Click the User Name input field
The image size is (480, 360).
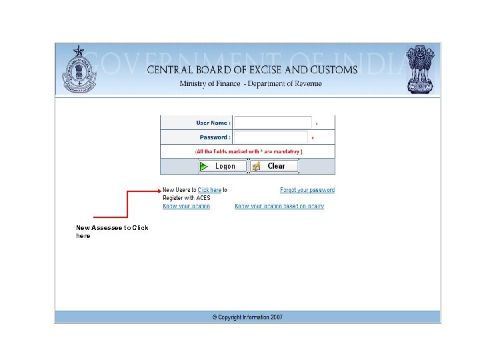pyautogui.click(x=273, y=123)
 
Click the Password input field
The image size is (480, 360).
pyautogui.click(x=271, y=137)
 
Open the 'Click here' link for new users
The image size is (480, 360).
pyautogui.click(x=209, y=190)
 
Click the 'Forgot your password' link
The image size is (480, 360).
pyautogui.click(x=307, y=190)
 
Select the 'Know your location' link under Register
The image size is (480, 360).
pyautogui.click(x=186, y=206)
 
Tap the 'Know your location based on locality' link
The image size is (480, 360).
pyautogui.click(x=279, y=206)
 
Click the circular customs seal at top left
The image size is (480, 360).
pyautogui.click(x=79, y=72)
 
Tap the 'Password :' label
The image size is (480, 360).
pyautogui.click(x=215, y=137)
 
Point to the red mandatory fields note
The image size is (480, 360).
pyautogui.click(x=248, y=152)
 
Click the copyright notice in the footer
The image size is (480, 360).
pyautogui.click(x=247, y=317)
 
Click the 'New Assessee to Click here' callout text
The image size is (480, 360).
pyautogui.click(x=112, y=231)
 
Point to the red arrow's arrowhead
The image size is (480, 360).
pyautogui.click(x=159, y=191)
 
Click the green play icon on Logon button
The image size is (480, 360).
pyautogui.click(x=205, y=166)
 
